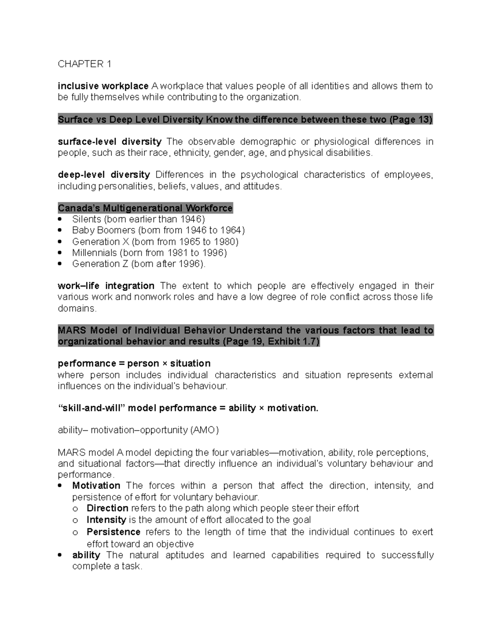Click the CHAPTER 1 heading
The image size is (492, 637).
pyautogui.click(x=84, y=64)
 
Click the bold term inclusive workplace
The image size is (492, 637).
pyautogui.click(x=103, y=86)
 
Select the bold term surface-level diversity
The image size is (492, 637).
pyautogui.click(x=109, y=142)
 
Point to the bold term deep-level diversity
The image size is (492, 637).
pyautogui.click(x=104, y=175)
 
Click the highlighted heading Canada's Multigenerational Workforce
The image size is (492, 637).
pyautogui.click(x=145, y=208)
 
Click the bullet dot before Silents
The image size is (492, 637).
pyautogui.click(x=61, y=219)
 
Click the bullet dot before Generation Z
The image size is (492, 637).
pyautogui.click(x=61, y=264)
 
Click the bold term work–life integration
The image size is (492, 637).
pyautogui.click(x=106, y=286)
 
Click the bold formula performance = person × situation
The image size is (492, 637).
pyautogui.click(x=134, y=364)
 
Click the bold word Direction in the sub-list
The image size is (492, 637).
pyautogui.click(x=107, y=509)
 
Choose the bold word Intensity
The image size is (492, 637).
pyautogui.click(x=106, y=520)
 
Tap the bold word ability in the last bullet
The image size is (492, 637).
pyautogui.click(x=86, y=555)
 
